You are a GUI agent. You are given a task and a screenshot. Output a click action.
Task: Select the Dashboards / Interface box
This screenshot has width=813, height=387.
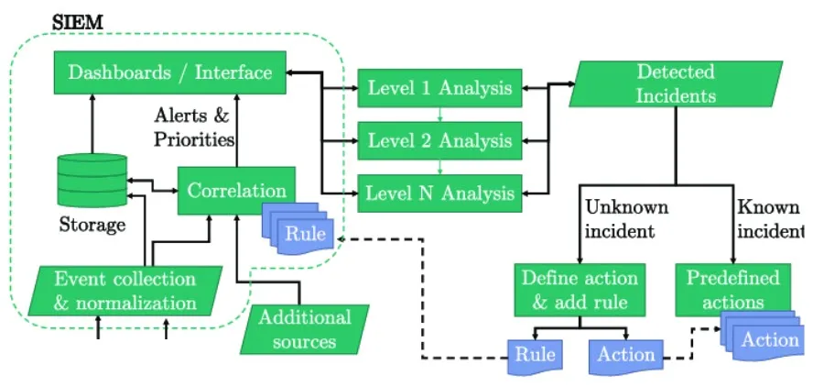coord(170,72)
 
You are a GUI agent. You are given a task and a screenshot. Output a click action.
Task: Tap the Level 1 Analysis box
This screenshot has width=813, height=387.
coord(439,88)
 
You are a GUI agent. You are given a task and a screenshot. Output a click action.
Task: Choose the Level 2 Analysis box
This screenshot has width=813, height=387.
coord(439,140)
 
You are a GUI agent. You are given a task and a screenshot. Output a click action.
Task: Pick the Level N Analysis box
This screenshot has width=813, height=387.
coord(439,193)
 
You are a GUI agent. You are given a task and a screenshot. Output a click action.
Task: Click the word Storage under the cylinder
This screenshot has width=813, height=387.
coord(92,224)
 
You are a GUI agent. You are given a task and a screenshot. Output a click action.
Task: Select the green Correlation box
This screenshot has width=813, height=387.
coord(236,191)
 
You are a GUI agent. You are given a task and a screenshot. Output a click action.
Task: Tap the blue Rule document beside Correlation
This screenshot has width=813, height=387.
coord(302,233)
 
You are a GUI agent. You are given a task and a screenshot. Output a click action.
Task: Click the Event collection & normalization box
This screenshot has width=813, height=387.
coord(125,290)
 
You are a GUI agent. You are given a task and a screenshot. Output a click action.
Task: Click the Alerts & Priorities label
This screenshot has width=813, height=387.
coord(194,128)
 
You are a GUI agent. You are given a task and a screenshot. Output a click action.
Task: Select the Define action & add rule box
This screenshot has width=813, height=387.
coord(578,289)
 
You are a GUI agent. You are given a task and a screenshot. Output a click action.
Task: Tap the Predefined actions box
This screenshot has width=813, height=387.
coord(732,289)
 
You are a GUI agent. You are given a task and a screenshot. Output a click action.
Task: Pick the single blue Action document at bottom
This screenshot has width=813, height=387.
coord(626,356)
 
